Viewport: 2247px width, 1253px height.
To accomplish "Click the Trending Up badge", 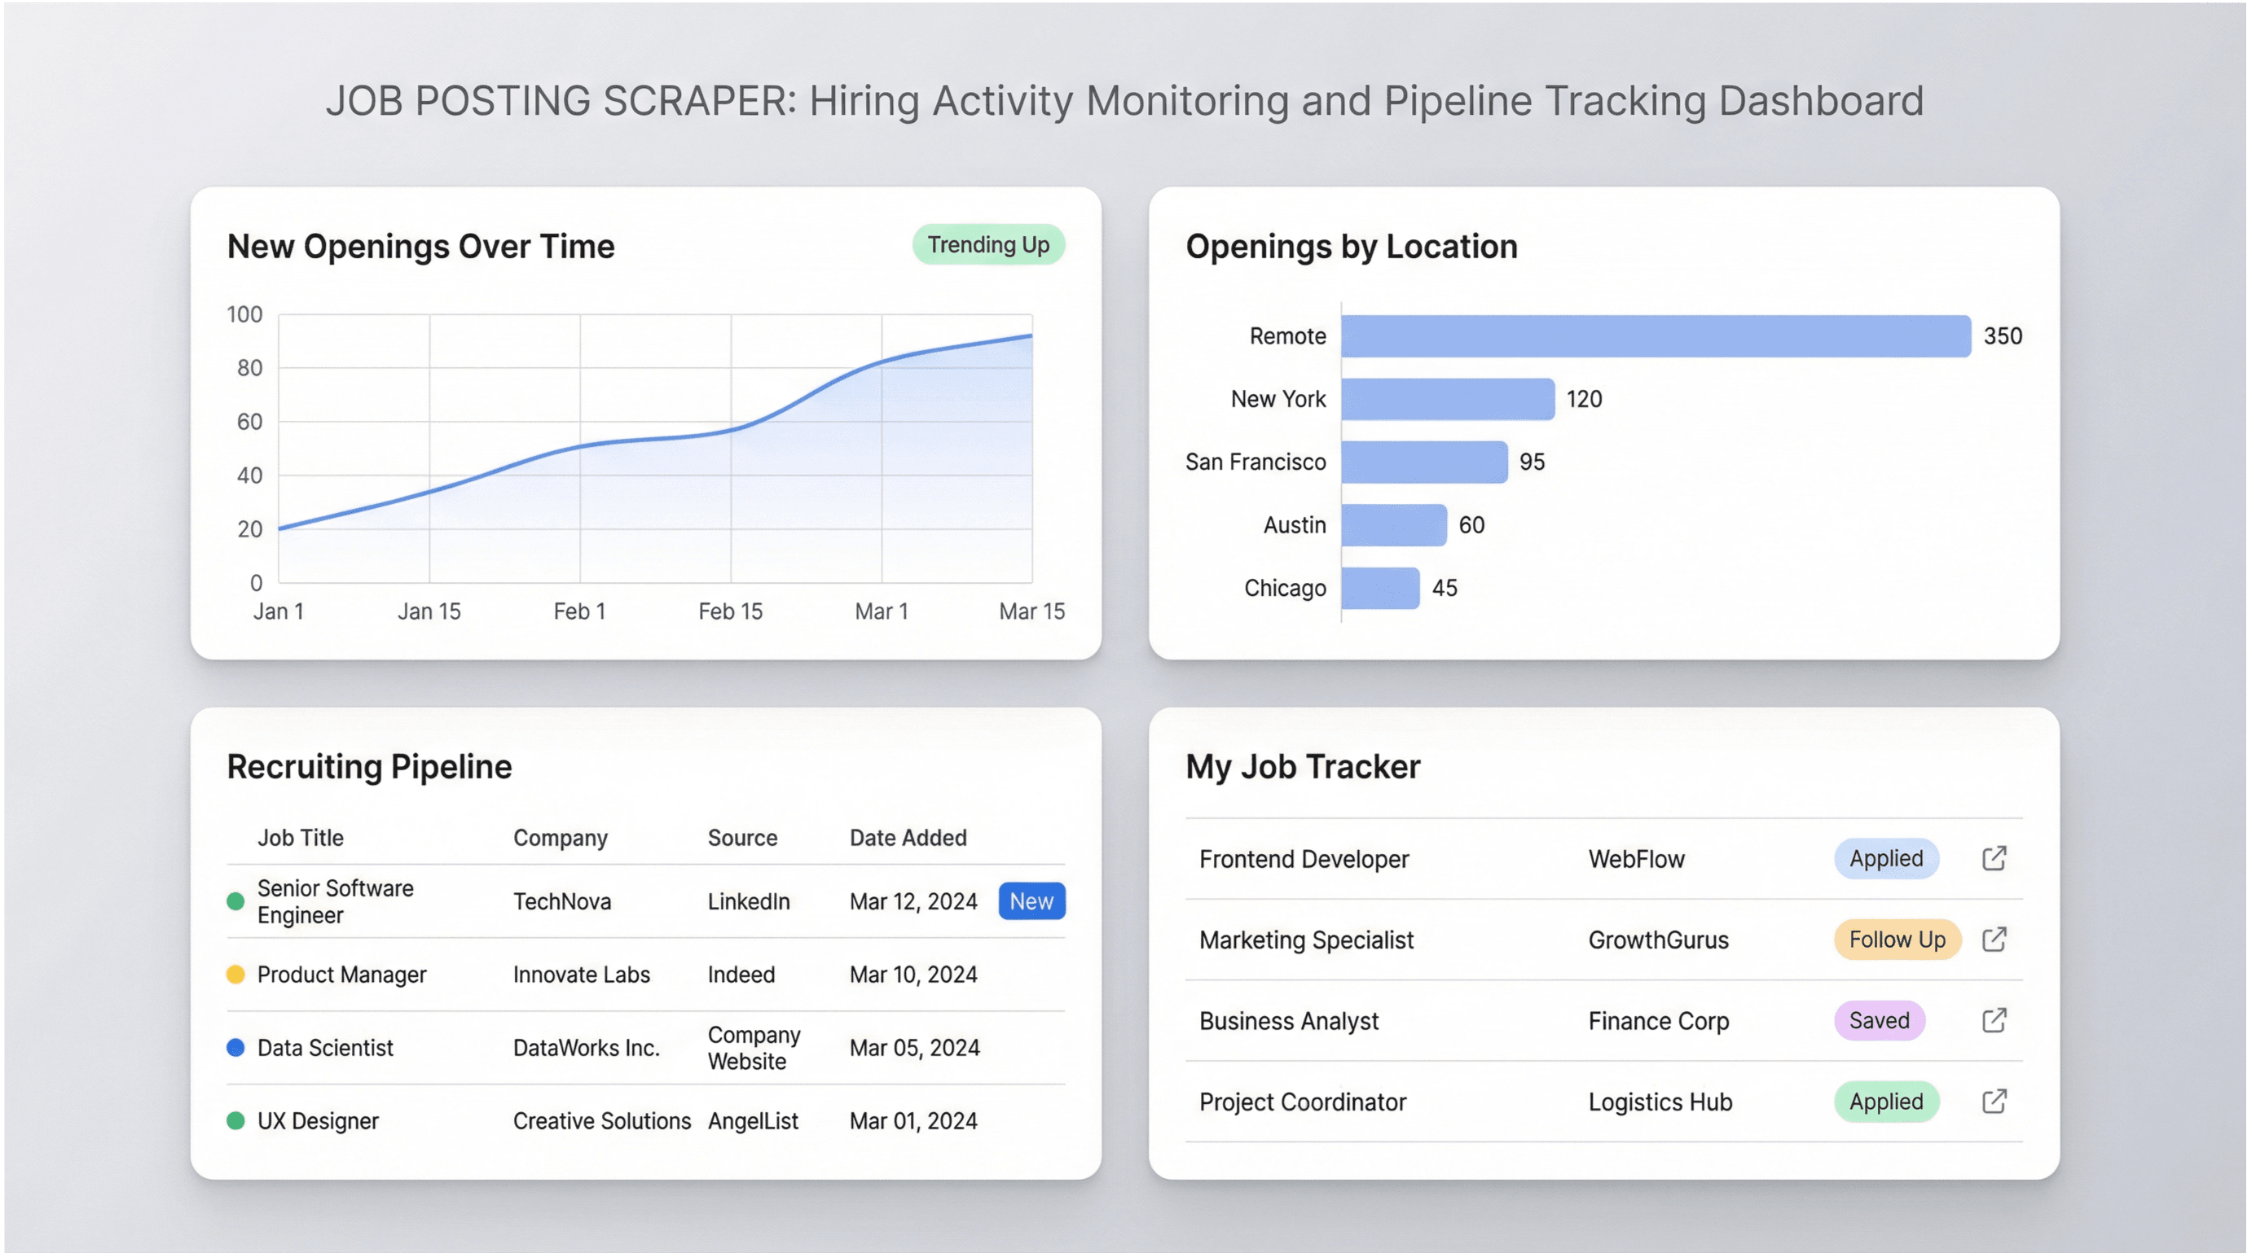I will (x=988, y=245).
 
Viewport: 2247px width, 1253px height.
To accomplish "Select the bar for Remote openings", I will (x=1655, y=335).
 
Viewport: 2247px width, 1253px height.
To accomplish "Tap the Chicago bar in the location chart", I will (x=1380, y=588).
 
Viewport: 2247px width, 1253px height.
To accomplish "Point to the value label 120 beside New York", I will (x=1583, y=400).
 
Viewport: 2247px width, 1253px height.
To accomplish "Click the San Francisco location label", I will (x=1255, y=462).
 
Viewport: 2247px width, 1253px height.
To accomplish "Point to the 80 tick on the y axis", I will (x=249, y=368).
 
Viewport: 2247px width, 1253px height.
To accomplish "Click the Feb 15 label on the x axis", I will (x=730, y=611).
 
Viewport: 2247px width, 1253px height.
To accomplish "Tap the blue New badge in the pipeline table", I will (x=1031, y=901).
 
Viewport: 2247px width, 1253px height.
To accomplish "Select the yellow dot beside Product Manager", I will (x=235, y=974).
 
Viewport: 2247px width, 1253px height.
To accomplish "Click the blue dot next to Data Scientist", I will (x=235, y=1047).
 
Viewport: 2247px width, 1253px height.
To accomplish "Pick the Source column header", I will (x=741, y=838).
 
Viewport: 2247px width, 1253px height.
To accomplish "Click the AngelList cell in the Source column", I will (x=753, y=1120).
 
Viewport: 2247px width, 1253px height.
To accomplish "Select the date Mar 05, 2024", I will (x=914, y=1047).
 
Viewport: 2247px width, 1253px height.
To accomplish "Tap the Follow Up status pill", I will (x=1897, y=940).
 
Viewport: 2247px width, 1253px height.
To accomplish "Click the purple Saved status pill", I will (x=1879, y=1020).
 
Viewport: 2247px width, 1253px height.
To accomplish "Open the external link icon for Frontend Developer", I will (x=1994, y=859).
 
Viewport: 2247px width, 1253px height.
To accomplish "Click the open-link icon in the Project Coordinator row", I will (x=1994, y=1102).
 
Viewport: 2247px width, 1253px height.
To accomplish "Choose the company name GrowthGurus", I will (x=1657, y=940).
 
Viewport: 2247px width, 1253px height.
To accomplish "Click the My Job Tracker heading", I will (x=1302, y=766).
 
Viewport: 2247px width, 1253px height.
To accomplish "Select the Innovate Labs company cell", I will (x=581, y=974).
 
